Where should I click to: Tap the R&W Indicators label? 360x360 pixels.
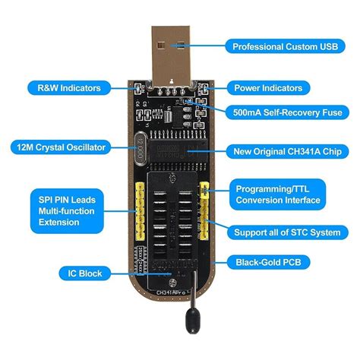(x=65, y=88)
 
